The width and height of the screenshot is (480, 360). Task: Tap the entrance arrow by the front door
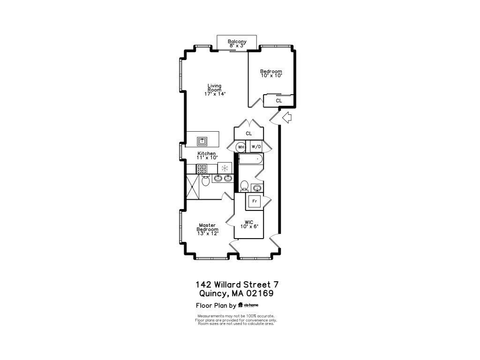tap(287, 118)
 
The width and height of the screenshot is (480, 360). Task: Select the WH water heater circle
tap(241, 147)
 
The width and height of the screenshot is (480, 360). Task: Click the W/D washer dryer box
tap(255, 147)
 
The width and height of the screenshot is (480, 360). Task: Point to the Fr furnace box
tap(255, 201)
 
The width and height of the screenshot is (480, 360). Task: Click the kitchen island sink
tap(202, 141)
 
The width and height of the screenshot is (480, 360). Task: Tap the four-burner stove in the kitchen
tap(202, 169)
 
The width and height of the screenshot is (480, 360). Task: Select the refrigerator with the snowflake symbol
tap(225, 168)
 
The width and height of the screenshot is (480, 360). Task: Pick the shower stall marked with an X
tap(193, 187)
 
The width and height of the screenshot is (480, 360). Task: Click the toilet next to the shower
tap(205, 180)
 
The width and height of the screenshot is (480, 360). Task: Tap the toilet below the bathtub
tap(243, 187)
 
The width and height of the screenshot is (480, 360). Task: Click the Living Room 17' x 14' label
tap(215, 90)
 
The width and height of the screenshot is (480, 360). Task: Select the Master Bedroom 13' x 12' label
tap(207, 229)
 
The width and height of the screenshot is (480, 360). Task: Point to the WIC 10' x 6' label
tap(249, 224)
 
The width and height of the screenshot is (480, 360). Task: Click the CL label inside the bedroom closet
tap(279, 100)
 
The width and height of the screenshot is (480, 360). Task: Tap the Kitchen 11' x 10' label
tap(207, 156)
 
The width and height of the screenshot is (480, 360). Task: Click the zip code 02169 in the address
tap(260, 294)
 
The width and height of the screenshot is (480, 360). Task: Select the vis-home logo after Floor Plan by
tap(248, 305)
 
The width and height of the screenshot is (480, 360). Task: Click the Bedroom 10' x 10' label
tap(271, 73)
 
